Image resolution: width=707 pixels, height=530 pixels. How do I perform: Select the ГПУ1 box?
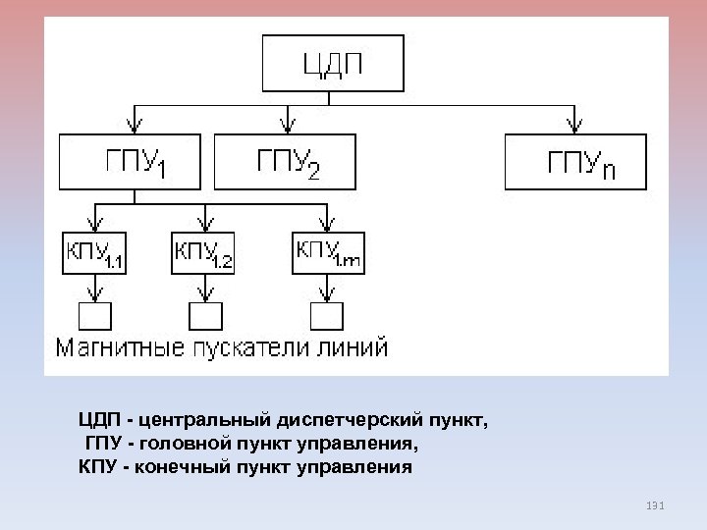point(131,161)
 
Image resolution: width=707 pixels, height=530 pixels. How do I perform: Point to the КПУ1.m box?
point(327,252)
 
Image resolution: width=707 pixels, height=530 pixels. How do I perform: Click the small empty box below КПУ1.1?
point(95,316)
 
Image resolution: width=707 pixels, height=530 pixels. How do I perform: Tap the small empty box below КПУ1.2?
point(206,316)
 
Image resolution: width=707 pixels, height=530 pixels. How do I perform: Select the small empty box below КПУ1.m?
point(327,316)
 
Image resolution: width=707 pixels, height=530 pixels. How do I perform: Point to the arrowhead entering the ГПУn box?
point(575,126)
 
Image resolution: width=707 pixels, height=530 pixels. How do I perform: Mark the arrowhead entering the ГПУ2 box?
point(287,126)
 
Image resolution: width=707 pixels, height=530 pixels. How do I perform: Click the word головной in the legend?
point(187,444)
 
